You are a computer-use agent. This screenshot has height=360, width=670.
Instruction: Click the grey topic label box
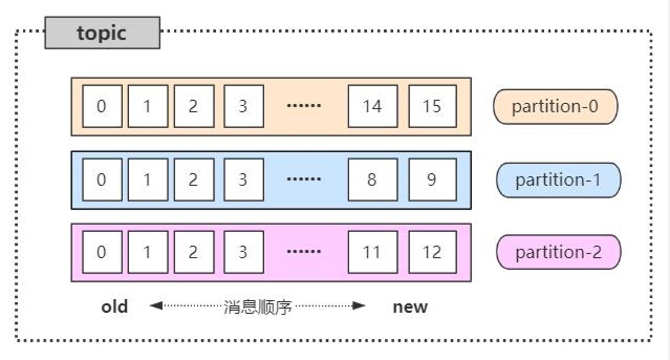[x=102, y=33]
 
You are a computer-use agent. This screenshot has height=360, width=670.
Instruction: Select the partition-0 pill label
[x=555, y=107]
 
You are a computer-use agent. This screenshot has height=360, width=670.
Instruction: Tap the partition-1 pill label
[x=558, y=180]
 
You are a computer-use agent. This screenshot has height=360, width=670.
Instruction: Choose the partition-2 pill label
[x=558, y=252]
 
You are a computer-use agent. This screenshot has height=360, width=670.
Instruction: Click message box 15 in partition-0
[x=432, y=106]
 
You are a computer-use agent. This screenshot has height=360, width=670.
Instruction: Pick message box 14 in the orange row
[x=373, y=106]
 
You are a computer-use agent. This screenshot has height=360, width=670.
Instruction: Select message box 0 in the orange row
[x=102, y=106]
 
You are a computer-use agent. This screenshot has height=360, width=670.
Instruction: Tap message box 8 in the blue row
[x=373, y=180]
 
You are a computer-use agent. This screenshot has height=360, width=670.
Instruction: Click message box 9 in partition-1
[x=432, y=180]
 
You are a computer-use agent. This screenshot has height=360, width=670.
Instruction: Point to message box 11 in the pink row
[x=373, y=252]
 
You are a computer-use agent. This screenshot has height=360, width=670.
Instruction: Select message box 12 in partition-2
[x=432, y=252]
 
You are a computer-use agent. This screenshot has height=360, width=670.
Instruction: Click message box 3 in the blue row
[x=244, y=180]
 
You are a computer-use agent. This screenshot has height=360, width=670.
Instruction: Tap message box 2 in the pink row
[x=194, y=252]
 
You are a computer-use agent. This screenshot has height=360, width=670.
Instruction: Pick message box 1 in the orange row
[x=148, y=106]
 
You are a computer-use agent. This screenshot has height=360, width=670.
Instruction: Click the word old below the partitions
[x=115, y=306]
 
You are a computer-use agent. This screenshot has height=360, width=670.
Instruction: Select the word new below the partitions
[x=410, y=307]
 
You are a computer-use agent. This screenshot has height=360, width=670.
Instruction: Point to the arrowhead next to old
[x=156, y=306]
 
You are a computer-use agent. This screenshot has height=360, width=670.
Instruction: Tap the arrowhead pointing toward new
[x=359, y=306]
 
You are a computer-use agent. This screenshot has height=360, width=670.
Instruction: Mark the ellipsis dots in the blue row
[x=304, y=179]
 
